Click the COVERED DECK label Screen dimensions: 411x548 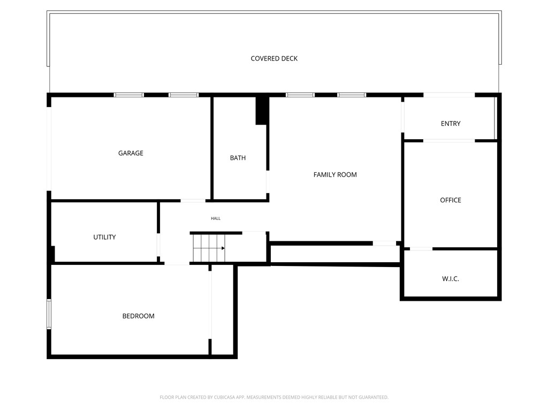[274, 58]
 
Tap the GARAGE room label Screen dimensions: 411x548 [131, 153]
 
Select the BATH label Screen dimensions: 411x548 [238, 158]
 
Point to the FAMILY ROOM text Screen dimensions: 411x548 [335, 174]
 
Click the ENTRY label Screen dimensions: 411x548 [450, 124]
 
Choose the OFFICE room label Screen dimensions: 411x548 [450, 200]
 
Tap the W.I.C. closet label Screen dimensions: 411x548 [450, 279]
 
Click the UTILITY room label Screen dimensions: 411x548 [104, 237]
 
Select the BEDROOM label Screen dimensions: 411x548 [138, 316]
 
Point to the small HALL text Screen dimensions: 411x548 [216, 218]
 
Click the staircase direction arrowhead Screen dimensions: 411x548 [223, 248]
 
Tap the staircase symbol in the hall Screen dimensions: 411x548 [208, 248]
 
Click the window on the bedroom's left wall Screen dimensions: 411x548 [49, 314]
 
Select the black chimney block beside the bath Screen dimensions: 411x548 [261, 110]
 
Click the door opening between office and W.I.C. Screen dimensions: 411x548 [421, 249]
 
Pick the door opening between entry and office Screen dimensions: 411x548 [448, 141]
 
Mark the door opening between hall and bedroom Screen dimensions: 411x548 [177, 264]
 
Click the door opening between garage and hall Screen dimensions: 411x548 [193, 201]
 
